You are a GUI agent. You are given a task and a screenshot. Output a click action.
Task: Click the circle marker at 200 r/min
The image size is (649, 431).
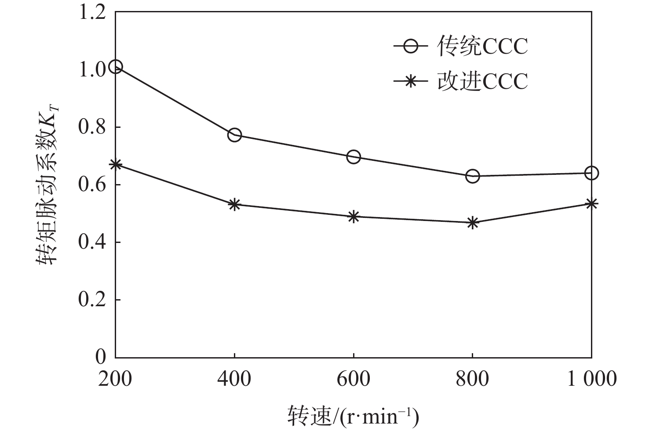point(115,67)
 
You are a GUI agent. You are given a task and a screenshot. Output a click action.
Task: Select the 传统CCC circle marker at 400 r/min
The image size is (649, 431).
point(234,135)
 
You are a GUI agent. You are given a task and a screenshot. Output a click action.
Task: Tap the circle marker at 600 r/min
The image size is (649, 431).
point(354,157)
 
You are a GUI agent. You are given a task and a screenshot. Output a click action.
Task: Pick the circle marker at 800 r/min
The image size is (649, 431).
point(473,176)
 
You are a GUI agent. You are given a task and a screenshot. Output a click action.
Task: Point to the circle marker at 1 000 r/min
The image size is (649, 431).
point(591,173)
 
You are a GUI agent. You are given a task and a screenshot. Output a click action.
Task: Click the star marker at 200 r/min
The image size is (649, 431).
point(115,165)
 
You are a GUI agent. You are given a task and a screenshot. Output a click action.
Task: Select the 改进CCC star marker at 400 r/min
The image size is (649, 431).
point(234,204)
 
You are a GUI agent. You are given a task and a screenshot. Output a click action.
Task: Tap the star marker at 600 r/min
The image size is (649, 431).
point(354,217)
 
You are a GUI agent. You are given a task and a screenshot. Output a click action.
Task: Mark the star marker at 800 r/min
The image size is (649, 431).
point(473,223)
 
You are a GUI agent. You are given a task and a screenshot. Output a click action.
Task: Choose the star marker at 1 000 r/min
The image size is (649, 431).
point(591,203)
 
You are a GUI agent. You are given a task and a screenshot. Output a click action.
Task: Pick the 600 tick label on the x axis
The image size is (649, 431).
point(354,379)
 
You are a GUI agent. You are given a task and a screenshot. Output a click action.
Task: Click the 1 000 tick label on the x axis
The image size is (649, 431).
point(591,379)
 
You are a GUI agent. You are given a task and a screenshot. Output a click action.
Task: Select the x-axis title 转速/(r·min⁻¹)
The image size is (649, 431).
point(354,416)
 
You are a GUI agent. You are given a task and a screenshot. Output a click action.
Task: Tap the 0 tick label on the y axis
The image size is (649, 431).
point(101,357)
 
